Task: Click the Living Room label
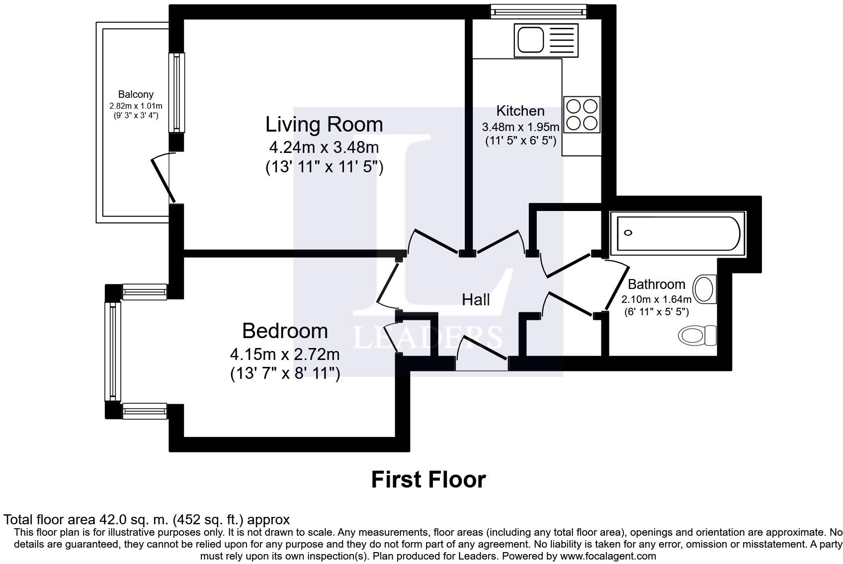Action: point(324,125)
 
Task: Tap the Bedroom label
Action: point(285,331)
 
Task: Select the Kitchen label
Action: point(520,111)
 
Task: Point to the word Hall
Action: point(476,300)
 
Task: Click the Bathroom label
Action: point(656,284)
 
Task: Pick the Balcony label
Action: point(136,94)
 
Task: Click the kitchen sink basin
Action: point(531,40)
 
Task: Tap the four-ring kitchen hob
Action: point(582,115)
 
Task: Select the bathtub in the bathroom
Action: point(678,234)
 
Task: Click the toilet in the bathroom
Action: point(697,335)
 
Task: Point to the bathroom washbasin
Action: point(705,289)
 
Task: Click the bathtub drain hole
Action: point(628,233)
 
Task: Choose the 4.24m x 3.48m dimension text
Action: point(324,147)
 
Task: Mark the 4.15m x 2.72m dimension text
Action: point(285,354)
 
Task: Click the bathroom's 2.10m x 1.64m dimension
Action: point(656,300)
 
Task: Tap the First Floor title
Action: point(428,480)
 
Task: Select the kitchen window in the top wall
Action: point(538,11)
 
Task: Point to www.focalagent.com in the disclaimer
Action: point(608,557)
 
